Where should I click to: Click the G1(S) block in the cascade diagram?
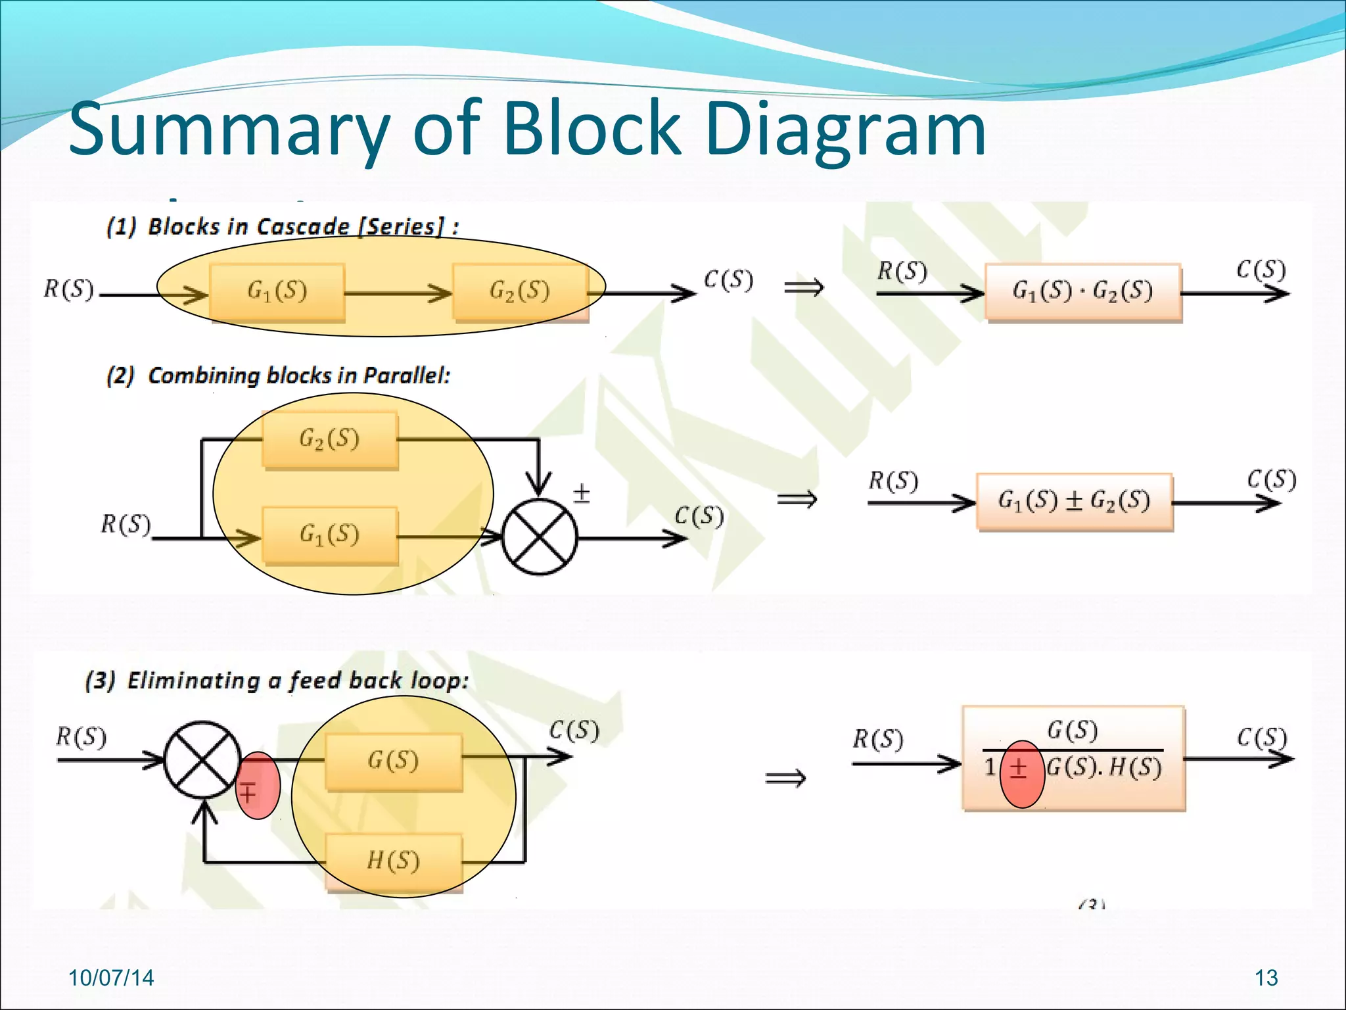pyautogui.click(x=277, y=291)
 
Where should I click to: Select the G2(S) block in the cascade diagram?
pyautogui.click(x=520, y=291)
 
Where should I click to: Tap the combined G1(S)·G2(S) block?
pyautogui.click(x=1082, y=291)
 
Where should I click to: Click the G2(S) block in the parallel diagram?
pyautogui.click(x=330, y=439)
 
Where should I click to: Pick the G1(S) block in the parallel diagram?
pyautogui.click(x=330, y=535)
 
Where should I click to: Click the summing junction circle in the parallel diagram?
pyautogui.click(x=539, y=537)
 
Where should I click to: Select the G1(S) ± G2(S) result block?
pyautogui.click(x=1074, y=501)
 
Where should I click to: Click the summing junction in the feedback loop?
pyautogui.click(x=202, y=760)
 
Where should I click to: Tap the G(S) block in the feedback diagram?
pyautogui.click(x=393, y=761)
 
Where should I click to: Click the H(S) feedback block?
pyautogui.click(x=393, y=861)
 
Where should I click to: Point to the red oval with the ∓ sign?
pyautogui.click(x=257, y=786)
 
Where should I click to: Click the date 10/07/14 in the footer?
pyautogui.click(x=111, y=978)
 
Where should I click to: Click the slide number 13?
pyautogui.click(x=1266, y=978)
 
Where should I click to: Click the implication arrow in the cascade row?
pyautogui.click(x=804, y=287)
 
